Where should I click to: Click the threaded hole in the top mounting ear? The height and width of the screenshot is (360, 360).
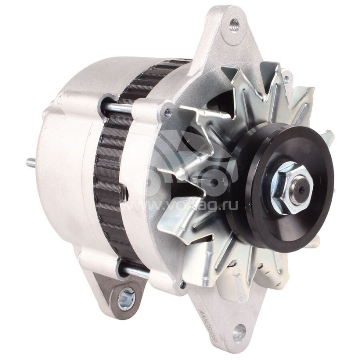[233, 26]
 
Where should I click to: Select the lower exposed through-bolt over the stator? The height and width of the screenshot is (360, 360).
[135, 271]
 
